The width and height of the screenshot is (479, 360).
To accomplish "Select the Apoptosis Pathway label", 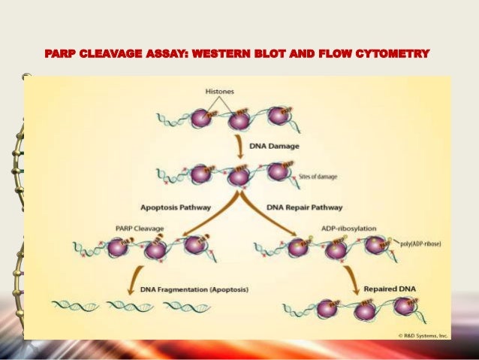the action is tap(176, 207).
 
